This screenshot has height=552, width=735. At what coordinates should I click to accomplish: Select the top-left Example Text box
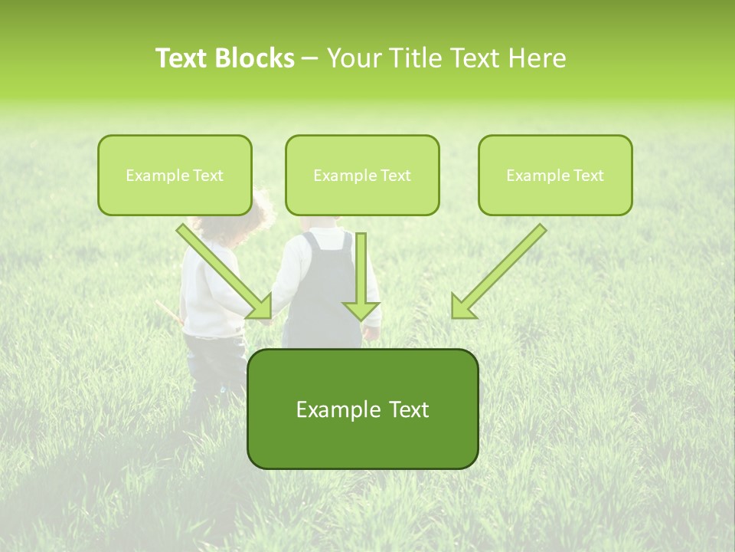click(175, 175)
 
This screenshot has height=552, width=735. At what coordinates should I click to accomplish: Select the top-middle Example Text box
click(362, 175)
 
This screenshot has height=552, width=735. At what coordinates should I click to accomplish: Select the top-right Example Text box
click(555, 175)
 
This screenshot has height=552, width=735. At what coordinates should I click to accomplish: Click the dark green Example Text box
click(362, 409)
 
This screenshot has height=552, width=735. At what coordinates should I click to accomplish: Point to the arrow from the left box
click(225, 271)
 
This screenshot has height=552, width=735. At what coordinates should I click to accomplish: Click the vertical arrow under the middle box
click(361, 276)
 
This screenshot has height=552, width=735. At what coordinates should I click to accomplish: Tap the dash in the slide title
click(310, 58)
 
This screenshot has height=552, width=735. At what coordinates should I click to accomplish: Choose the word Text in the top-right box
click(588, 175)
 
